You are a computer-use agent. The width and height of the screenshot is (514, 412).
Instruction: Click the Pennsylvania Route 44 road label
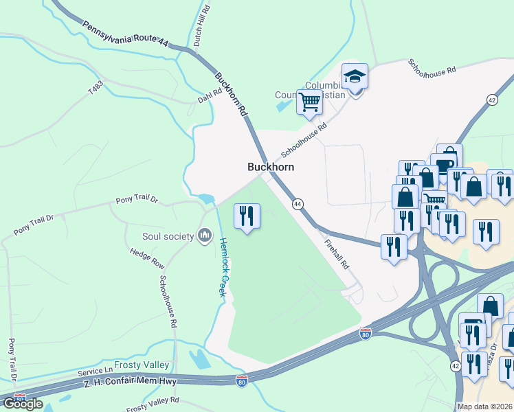pos(125,34)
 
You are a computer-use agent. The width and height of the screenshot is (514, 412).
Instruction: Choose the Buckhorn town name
pos(271,167)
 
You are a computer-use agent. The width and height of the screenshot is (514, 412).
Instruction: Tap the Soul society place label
pos(168,236)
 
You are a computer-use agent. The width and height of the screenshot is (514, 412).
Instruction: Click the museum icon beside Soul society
pos(204,236)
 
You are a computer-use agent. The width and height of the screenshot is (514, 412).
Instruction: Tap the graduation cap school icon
pos(355,76)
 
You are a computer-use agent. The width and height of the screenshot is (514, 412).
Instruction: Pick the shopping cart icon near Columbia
pos(309,102)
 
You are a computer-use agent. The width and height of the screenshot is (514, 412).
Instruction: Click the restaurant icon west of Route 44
pos(246,216)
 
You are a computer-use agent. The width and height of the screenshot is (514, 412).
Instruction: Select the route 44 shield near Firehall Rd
pos(298,204)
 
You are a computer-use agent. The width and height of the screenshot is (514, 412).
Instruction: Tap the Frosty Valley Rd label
pos(153,403)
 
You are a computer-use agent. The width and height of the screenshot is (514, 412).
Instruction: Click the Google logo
pos(23,404)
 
